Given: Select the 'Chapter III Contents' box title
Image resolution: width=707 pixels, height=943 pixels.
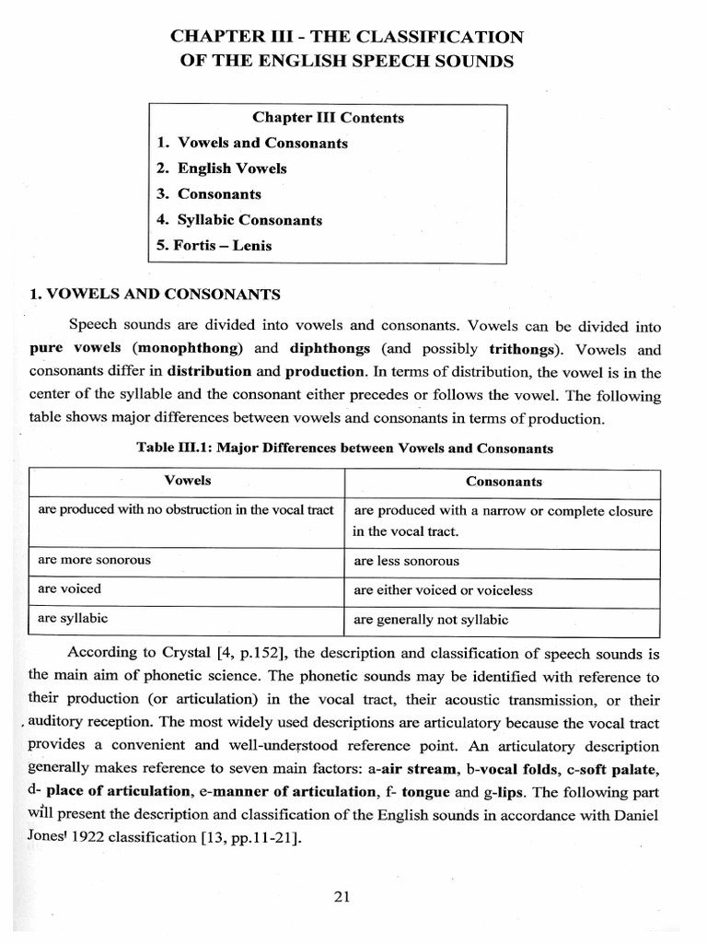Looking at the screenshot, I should click(x=328, y=118).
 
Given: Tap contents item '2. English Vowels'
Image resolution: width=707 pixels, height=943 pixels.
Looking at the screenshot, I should click(x=221, y=169).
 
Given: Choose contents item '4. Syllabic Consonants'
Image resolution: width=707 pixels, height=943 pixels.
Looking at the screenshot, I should click(x=239, y=220).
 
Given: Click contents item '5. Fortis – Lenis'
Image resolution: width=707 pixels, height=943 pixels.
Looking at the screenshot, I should click(x=214, y=246).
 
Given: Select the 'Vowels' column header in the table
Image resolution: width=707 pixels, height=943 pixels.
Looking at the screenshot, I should click(x=188, y=481).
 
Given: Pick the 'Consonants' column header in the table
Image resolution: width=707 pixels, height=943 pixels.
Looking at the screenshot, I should click(x=504, y=482).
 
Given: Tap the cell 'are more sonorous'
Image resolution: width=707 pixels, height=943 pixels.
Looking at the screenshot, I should click(x=94, y=560).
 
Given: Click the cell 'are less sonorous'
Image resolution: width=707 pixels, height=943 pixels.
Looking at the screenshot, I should click(x=406, y=561).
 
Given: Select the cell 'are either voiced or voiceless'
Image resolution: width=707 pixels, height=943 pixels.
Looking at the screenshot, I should click(x=443, y=590).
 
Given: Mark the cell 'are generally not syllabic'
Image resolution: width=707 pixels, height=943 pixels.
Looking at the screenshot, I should click(x=431, y=620).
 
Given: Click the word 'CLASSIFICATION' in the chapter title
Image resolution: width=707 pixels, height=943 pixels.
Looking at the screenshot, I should click(x=451, y=36).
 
